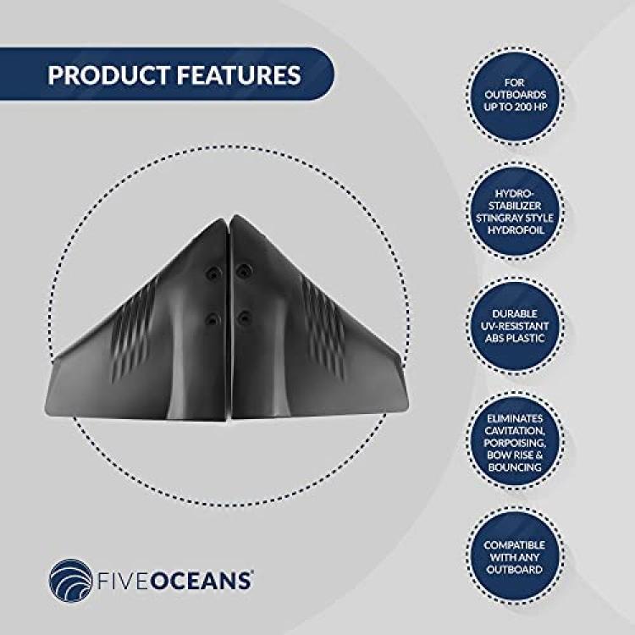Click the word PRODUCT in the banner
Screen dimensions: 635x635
click(108, 75)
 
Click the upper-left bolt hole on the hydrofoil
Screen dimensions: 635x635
click(213, 273)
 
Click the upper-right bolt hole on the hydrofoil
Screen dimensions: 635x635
click(244, 270)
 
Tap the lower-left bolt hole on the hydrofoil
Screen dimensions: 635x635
click(213, 320)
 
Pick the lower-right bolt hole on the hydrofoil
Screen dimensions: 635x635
click(244, 317)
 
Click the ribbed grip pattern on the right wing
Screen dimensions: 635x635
click(323, 325)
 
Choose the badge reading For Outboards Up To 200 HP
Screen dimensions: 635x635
click(515, 96)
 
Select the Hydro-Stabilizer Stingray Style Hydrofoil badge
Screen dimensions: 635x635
click(515, 211)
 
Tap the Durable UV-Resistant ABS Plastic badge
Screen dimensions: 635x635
click(515, 327)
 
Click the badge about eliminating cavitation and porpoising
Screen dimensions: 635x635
click(515, 442)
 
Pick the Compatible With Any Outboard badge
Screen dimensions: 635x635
click(515, 557)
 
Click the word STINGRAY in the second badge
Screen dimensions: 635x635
click(495, 218)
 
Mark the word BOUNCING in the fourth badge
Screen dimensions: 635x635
click(515, 467)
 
